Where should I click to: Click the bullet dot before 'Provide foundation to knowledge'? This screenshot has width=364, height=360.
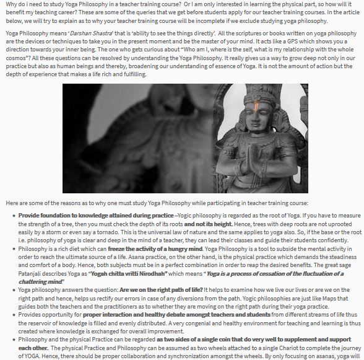pyautogui.click(x=14, y=215)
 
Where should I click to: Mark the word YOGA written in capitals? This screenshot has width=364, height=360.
pyautogui.click(x=28, y=355)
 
